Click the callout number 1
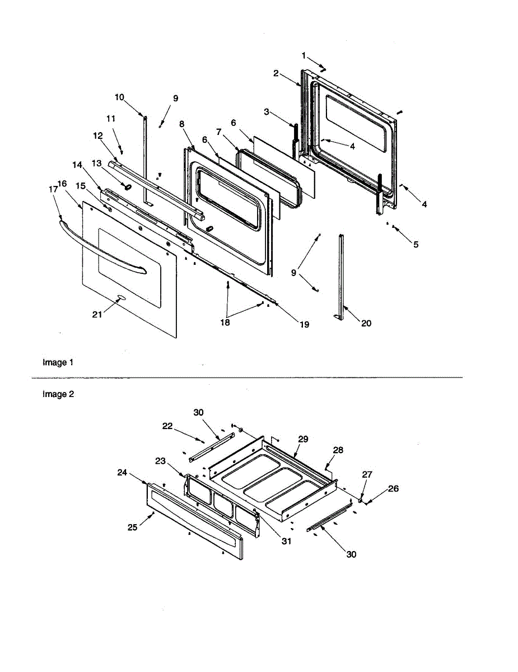pyautogui.click(x=304, y=55)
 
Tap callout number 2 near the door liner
pyautogui.click(x=276, y=73)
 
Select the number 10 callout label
pyautogui.click(x=119, y=97)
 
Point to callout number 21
pyautogui.click(x=97, y=314)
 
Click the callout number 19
pyautogui.click(x=304, y=324)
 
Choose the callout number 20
pyautogui.click(x=366, y=323)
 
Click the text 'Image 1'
pyautogui.click(x=58, y=362)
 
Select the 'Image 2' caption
pyautogui.click(x=58, y=394)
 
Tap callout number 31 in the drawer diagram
pyautogui.click(x=286, y=541)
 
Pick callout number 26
pyautogui.click(x=393, y=488)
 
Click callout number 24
pyautogui.click(x=123, y=472)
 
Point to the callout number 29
pyautogui.click(x=302, y=439)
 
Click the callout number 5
pyautogui.click(x=416, y=244)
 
